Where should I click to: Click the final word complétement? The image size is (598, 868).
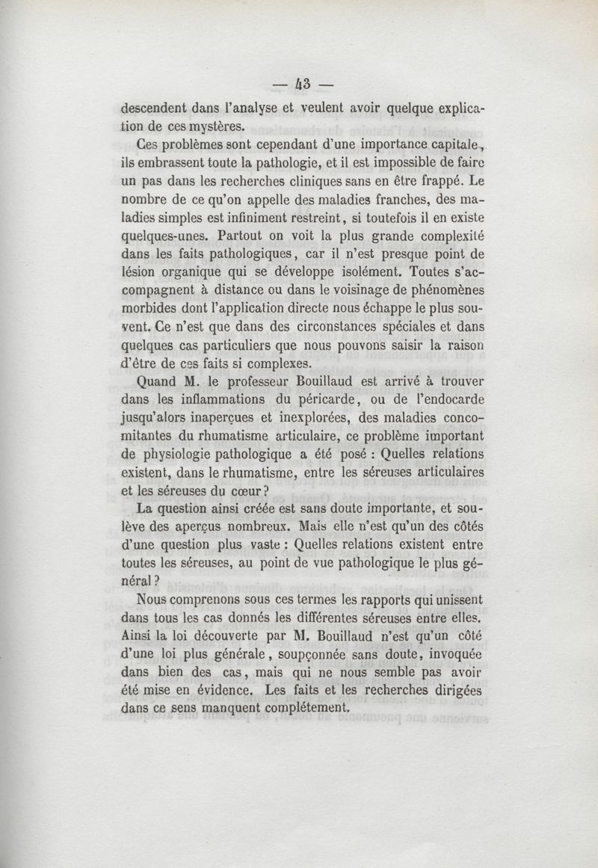(x=303, y=707)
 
